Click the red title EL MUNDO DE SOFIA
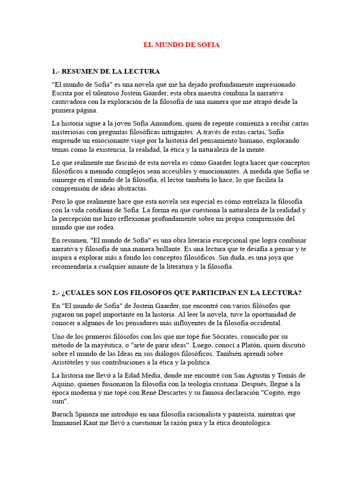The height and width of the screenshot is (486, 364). [x=182, y=45]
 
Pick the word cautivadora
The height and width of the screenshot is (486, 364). [x=70, y=102]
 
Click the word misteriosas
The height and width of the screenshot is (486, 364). [x=69, y=132]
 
